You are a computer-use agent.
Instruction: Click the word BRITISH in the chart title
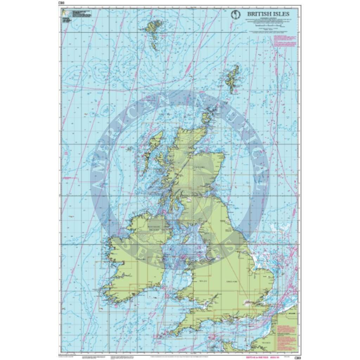258,14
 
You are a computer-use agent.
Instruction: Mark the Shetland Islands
232,79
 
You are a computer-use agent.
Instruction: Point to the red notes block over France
287,330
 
